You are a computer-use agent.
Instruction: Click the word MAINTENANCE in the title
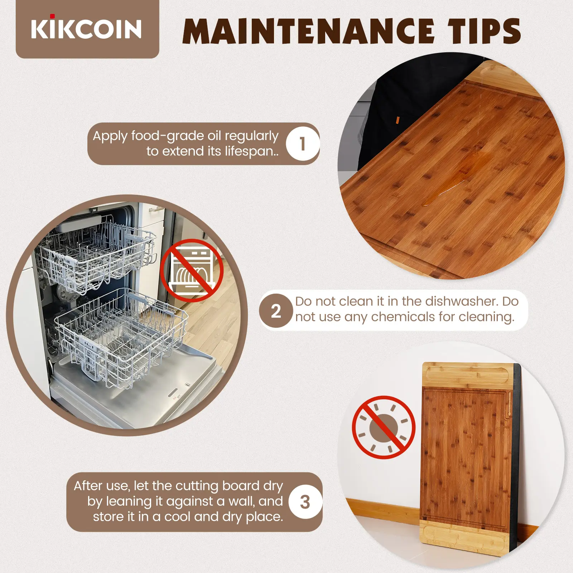[308, 31]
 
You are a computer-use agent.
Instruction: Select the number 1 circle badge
[303, 144]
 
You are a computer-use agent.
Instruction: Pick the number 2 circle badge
[276, 310]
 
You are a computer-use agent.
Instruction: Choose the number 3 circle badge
[305, 502]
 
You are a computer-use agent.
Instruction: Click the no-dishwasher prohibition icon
[192, 270]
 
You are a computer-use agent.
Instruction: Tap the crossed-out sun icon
[384, 427]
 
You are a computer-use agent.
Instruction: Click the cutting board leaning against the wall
[470, 460]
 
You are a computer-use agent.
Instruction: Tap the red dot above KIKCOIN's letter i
[52, 16]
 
